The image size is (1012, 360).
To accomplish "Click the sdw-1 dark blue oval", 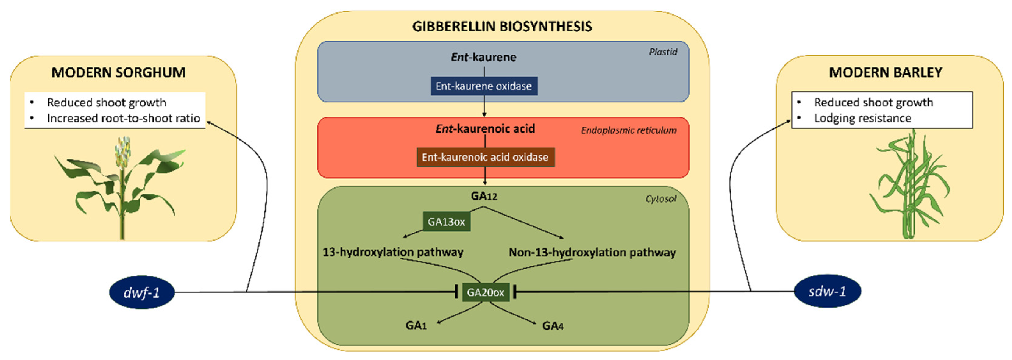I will [x=827, y=291].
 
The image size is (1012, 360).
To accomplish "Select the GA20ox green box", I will [x=485, y=292].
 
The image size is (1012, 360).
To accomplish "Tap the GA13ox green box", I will [x=446, y=222].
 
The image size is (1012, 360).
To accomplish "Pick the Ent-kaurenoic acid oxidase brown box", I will [x=485, y=157].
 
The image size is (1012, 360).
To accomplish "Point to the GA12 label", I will [x=484, y=196].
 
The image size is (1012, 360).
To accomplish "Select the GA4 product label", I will [x=553, y=326].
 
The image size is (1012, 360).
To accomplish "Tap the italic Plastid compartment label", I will [x=663, y=52].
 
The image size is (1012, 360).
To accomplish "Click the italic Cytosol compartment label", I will [x=661, y=199].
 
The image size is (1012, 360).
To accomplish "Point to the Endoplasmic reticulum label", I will [x=628, y=130].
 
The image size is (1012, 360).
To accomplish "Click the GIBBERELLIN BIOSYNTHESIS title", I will [x=502, y=26].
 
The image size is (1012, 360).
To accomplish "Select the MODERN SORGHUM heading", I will [x=118, y=73].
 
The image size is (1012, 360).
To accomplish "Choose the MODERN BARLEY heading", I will [x=886, y=73].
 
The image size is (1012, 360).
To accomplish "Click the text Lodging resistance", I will [x=862, y=118].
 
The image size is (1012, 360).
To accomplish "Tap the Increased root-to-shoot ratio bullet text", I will [x=123, y=118].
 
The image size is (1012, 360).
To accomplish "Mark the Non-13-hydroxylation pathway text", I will [x=592, y=252].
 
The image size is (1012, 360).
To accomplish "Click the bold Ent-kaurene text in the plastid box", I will [x=483, y=57].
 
